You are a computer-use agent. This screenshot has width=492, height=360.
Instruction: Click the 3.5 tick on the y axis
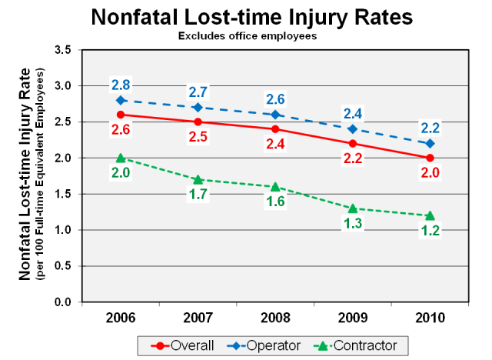click(61, 50)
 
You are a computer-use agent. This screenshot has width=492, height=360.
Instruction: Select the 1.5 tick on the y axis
click(61, 194)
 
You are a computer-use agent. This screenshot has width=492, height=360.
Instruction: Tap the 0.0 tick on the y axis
click(61, 302)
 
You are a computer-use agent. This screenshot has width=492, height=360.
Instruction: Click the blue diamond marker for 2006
click(121, 100)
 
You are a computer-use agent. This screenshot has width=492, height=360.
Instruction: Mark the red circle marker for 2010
click(430, 158)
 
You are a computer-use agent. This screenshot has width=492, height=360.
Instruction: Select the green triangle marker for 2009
click(353, 208)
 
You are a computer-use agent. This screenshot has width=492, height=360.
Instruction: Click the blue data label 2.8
click(121, 83)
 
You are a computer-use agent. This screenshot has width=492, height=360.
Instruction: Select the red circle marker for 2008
click(275, 128)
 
